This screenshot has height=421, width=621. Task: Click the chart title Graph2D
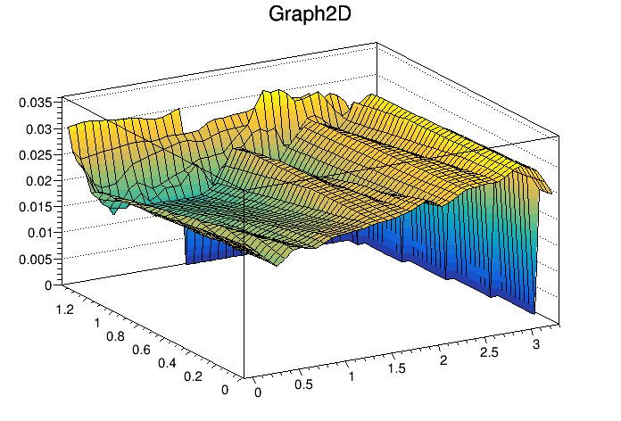click(310, 15)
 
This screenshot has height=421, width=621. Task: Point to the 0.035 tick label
click(35, 102)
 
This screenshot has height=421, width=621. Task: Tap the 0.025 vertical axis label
click(35, 154)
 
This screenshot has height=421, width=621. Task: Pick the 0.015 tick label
click(35, 207)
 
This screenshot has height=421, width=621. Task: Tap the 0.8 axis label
click(113, 336)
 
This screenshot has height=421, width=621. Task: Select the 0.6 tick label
click(141, 351)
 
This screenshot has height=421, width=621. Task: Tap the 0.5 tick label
click(304, 385)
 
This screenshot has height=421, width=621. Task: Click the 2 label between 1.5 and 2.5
click(442, 359)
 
